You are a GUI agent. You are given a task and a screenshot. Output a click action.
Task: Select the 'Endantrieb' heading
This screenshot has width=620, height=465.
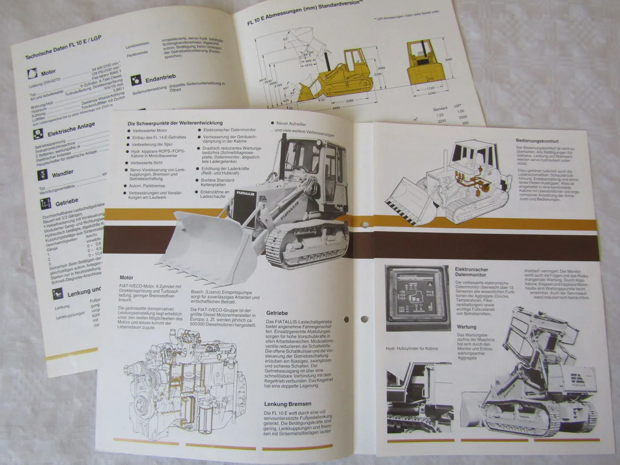pos(160,78)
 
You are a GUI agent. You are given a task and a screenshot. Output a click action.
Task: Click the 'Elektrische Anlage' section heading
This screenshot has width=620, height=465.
pos(71,129)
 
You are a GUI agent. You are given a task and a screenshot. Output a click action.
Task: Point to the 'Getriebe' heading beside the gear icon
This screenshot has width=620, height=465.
pos(67,202)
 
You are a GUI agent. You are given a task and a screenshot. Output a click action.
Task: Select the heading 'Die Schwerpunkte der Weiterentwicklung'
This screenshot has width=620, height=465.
pos(175,123)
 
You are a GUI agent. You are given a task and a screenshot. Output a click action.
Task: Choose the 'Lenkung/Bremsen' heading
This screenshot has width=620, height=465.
pos(288,403)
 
